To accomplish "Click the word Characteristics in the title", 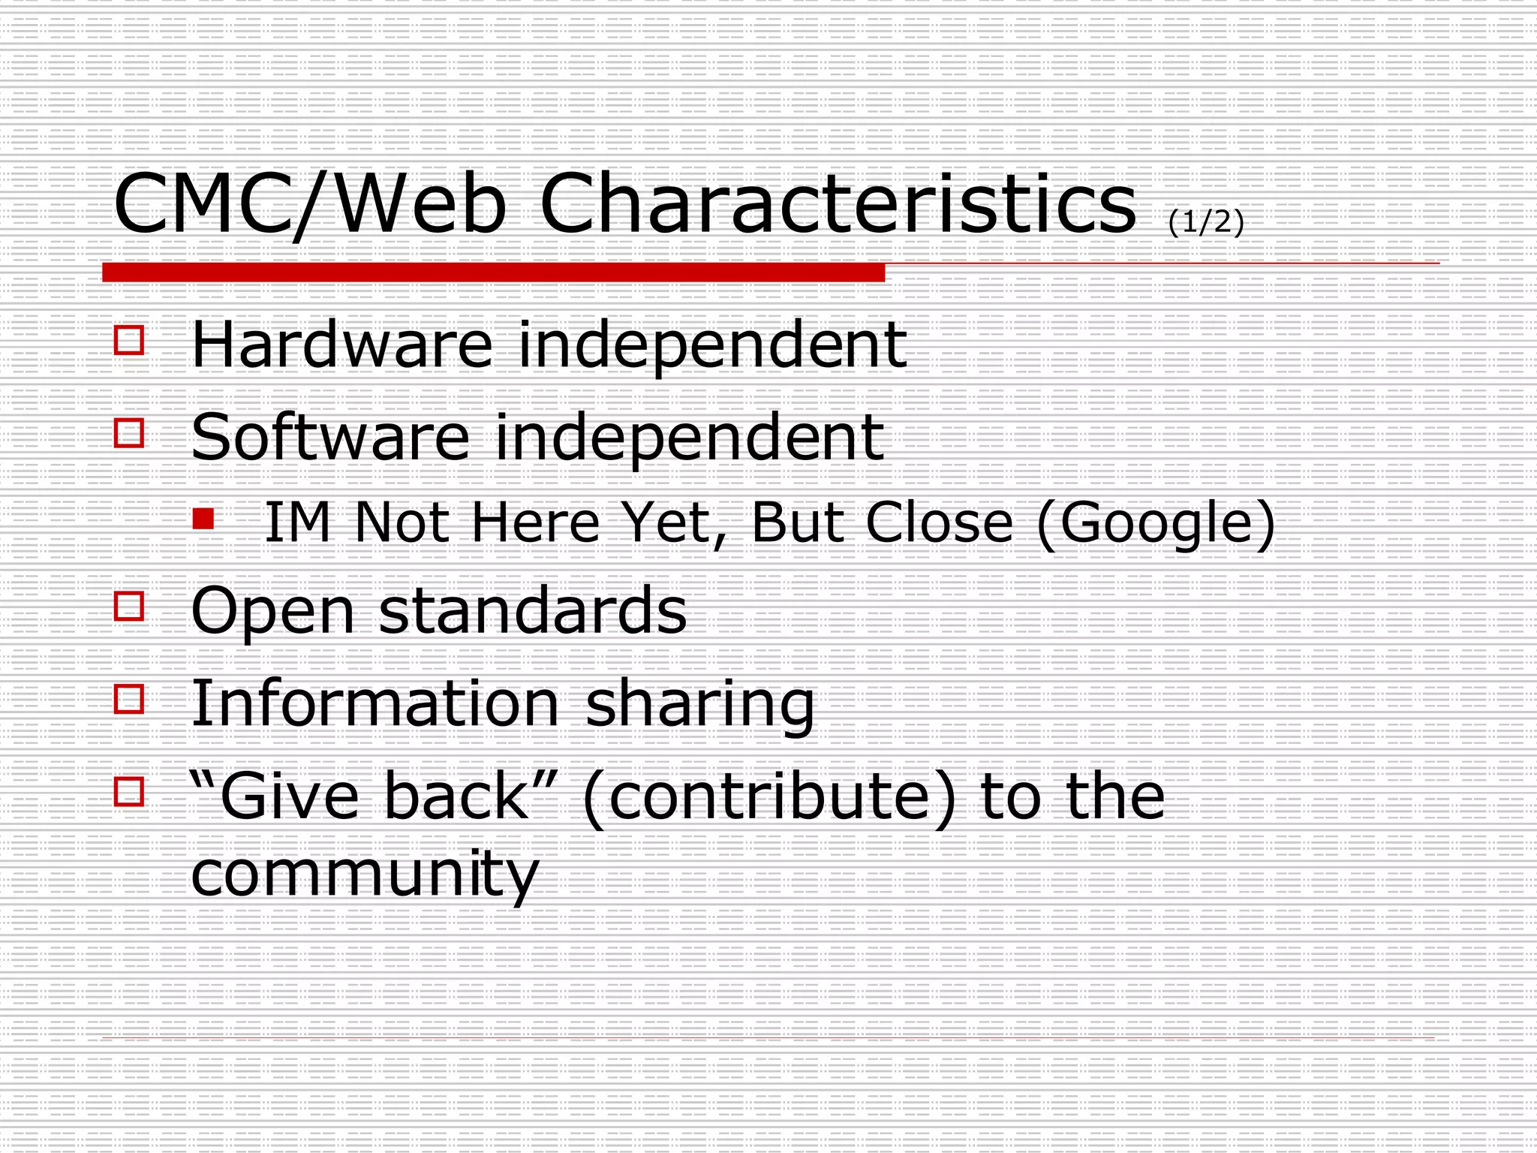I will tap(838, 203).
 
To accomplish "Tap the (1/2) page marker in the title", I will tap(1206, 221).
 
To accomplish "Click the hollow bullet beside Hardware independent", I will tap(129, 340).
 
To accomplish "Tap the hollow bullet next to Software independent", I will tap(129, 433).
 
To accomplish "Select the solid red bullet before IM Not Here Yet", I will tap(203, 519).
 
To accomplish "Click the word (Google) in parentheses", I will tap(1156, 522).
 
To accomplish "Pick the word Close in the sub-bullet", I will tap(939, 522).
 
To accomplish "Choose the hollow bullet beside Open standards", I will tap(129, 607).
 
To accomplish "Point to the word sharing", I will tap(699, 704).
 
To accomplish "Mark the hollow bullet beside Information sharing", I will tap(129, 699).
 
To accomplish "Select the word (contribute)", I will tap(769, 797).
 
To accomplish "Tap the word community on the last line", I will tap(365, 875).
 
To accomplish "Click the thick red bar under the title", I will tap(493, 272).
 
